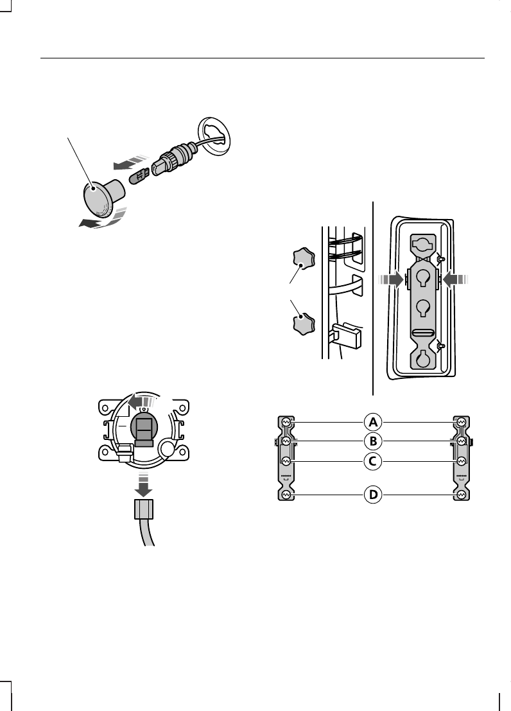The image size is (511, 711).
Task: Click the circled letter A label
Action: tap(373, 422)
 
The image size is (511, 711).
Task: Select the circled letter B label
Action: tap(373, 441)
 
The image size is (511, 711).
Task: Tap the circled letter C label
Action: tap(373, 462)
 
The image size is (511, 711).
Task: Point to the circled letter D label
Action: tap(373, 495)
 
